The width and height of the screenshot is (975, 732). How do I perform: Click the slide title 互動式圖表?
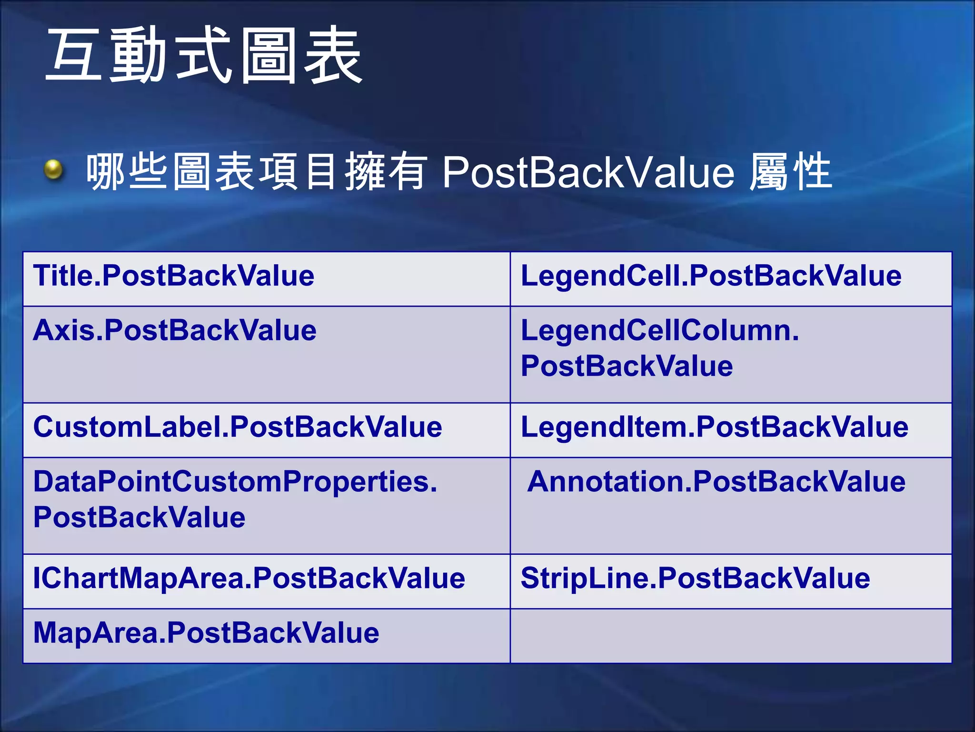tap(205, 56)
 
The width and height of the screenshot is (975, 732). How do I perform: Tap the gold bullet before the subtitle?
tap(53, 170)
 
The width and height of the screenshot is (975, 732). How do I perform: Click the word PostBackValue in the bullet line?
tap(588, 172)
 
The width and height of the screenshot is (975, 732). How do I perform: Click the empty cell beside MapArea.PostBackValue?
tap(731, 636)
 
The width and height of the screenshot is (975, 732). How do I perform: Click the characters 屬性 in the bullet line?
tap(791, 172)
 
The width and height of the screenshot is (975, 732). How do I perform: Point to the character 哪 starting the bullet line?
tap(105, 172)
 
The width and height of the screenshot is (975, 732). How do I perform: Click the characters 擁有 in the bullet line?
tap(386, 172)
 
